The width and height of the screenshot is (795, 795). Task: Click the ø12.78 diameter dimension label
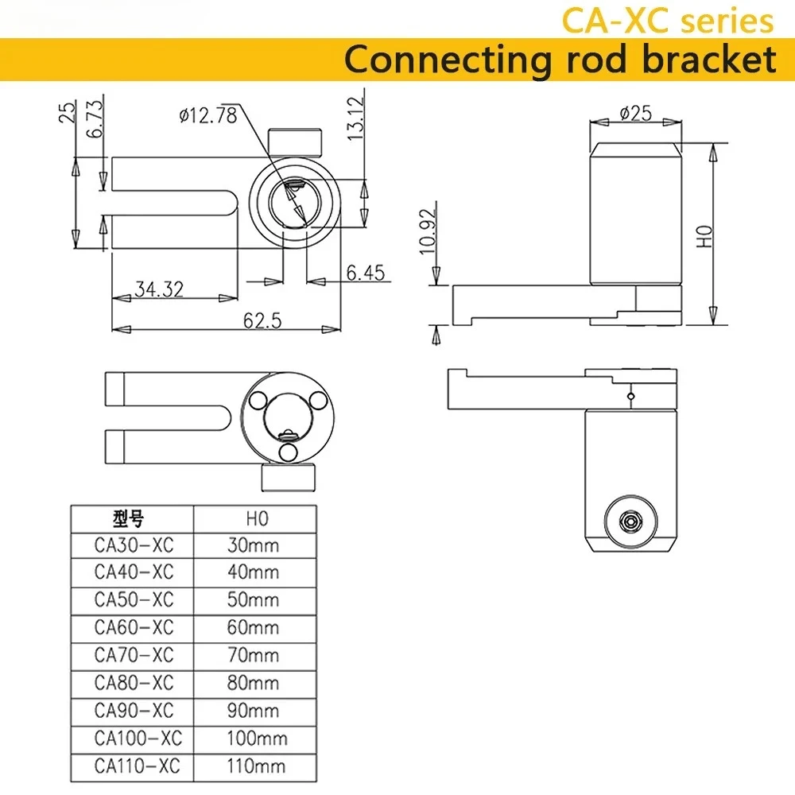pyautogui.click(x=208, y=115)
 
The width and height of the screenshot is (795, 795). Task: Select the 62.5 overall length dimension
pyautogui.click(x=262, y=320)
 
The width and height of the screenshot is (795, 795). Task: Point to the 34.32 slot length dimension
pyautogui.click(x=159, y=289)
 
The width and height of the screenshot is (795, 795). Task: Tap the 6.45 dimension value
pyautogui.click(x=366, y=273)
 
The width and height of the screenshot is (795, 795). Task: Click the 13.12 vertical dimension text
pyautogui.click(x=356, y=118)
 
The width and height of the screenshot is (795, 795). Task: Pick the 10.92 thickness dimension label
pyautogui.click(x=428, y=231)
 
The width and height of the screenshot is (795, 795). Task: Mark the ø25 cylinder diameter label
pyautogui.click(x=636, y=113)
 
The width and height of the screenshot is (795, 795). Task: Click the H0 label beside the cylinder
pyautogui.click(x=704, y=236)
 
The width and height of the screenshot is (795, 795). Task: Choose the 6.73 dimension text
pyautogui.click(x=95, y=118)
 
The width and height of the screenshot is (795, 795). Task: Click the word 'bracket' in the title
pyautogui.click(x=709, y=60)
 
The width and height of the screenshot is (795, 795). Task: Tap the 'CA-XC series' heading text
pyautogui.click(x=668, y=21)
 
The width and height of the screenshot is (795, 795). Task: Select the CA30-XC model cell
pyautogui.click(x=134, y=545)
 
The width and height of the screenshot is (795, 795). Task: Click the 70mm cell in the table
pyautogui.click(x=253, y=655)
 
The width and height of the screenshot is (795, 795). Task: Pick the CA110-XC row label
pyautogui.click(x=137, y=766)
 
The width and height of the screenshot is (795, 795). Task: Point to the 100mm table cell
pyautogui.click(x=257, y=739)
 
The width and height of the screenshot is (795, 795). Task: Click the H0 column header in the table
pyautogui.click(x=257, y=518)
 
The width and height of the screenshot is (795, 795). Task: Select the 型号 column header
pyautogui.click(x=128, y=518)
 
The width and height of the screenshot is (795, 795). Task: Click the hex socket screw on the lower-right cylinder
pyautogui.click(x=630, y=522)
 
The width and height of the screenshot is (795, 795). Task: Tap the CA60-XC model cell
pyautogui.click(x=134, y=627)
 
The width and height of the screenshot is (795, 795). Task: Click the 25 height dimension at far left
pyautogui.click(x=67, y=112)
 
